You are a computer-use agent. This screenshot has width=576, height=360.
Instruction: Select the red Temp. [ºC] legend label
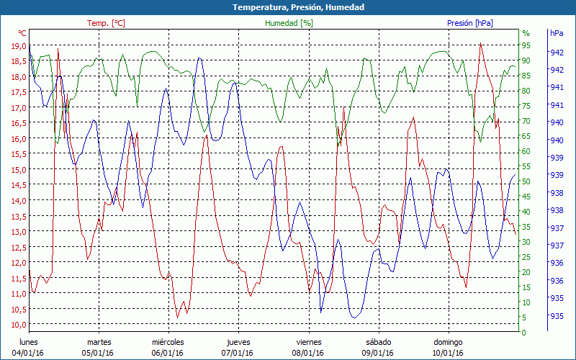106,23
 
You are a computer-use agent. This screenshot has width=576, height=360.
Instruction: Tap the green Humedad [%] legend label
289,23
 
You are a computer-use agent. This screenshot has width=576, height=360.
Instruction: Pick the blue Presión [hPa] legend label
470,23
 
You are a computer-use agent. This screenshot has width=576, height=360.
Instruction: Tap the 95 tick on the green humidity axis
526,45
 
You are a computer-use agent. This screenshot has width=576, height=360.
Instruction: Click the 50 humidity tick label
526,181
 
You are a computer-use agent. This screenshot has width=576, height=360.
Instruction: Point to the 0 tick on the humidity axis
523,333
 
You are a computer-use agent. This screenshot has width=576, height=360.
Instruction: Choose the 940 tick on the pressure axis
557,122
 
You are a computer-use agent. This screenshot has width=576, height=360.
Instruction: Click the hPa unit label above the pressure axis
557,33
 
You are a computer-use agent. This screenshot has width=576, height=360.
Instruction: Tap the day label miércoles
168,342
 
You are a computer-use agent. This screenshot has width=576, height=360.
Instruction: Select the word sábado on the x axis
378,342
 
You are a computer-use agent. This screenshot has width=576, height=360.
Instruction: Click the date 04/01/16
28,353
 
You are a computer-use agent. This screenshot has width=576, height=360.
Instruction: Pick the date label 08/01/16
308,353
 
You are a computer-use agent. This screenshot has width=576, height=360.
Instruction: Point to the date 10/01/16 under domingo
448,353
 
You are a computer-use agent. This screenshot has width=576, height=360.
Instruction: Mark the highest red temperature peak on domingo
480,43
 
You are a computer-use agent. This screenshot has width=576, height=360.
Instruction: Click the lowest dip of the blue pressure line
354,317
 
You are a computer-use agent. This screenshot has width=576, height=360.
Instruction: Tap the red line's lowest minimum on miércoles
178,317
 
